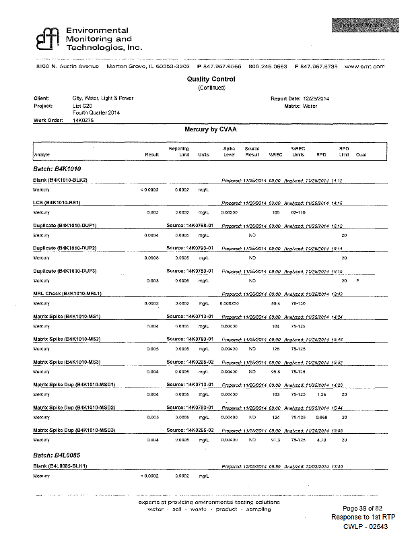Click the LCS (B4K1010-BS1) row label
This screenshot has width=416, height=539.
pyautogui.click(x=61, y=202)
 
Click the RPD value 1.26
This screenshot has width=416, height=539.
pyautogui.click(x=320, y=395)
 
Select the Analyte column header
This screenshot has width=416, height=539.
pyautogui.click(x=42, y=155)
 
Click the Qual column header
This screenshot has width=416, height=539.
pyautogui.click(x=361, y=155)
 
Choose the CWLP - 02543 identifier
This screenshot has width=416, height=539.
pyautogui.click(x=366, y=526)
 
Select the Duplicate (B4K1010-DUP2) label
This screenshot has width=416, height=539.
pyautogui.click(x=66, y=248)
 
